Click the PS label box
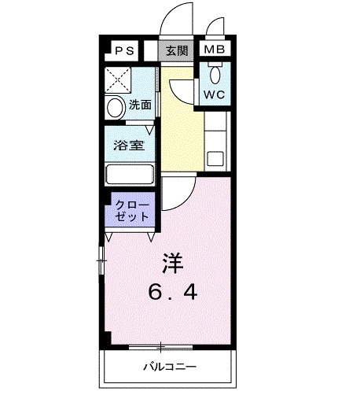click(x=125, y=51)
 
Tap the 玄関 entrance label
click(x=176, y=51)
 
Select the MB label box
click(x=213, y=51)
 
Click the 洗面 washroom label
click(x=140, y=103)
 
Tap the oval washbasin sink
click(x=116, y=107)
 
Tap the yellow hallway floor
click(x=180, y=126)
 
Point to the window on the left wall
click(x=101, y=257)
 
